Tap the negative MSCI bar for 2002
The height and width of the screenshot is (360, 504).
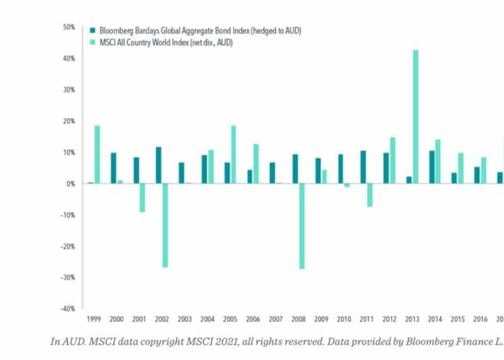(165, 225)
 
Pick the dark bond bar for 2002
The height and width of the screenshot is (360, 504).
(159, 165)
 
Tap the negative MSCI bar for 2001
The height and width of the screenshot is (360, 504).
(142, 197)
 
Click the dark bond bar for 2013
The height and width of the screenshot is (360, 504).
(409, 180)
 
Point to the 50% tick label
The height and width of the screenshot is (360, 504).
(69, 28)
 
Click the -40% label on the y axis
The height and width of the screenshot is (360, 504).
(67, 309)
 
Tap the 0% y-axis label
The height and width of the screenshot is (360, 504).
(70, 183)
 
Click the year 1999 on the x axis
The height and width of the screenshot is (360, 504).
(93, 320)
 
